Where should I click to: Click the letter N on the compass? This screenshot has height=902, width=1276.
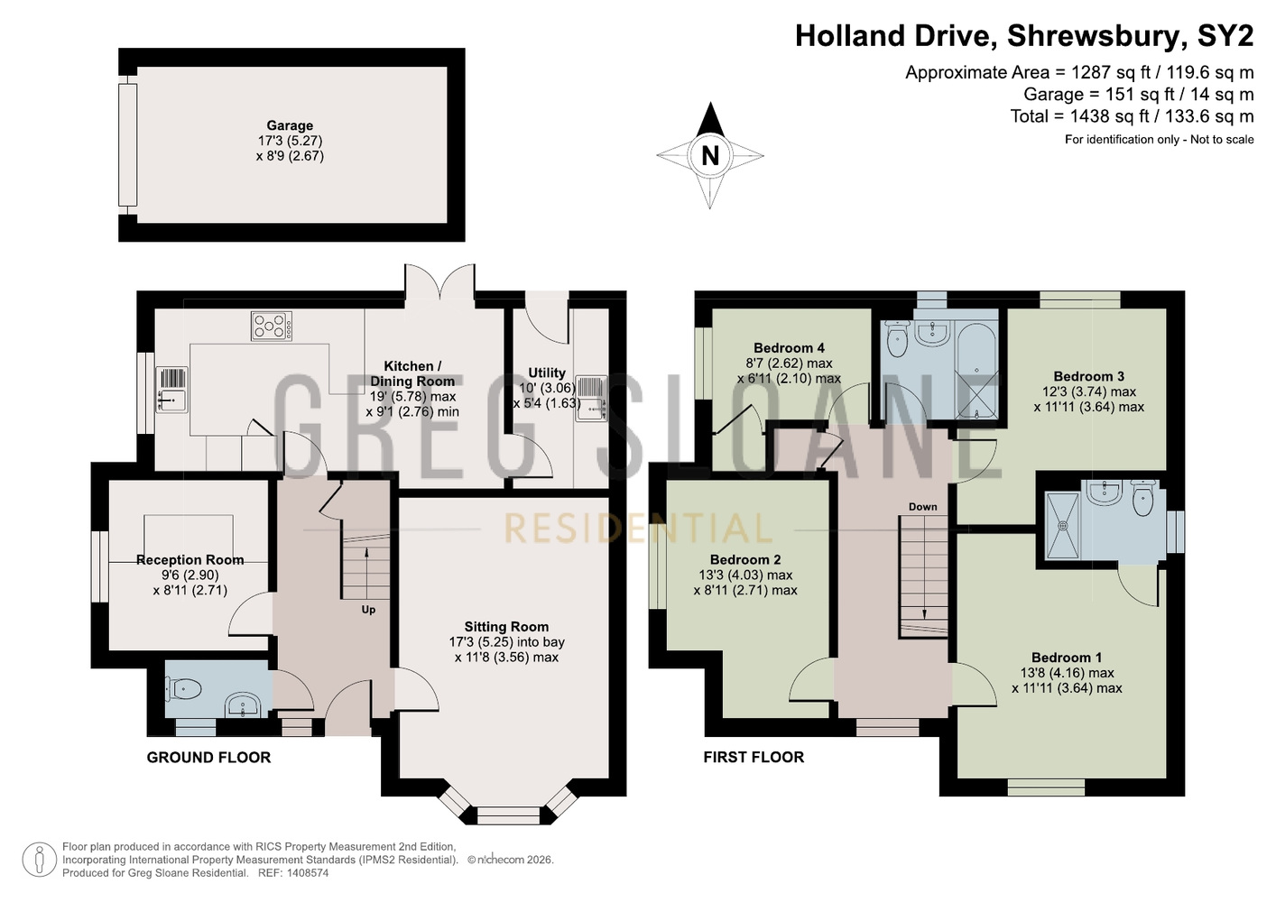click(x=710, y=155)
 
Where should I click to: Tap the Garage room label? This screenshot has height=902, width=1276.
click(x=290, y=125)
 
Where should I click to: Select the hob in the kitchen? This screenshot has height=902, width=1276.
click(x=272, y=327)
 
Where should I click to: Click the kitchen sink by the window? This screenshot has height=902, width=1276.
click(x=171, y=390)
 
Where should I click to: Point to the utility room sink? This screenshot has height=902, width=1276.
click(x=591, y=398)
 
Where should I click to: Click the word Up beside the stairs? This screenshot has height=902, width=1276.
click(x=368, y=610)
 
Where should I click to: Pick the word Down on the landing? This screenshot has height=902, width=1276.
click(x=923, y=507)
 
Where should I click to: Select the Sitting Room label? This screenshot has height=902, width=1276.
click(x=506, y=626)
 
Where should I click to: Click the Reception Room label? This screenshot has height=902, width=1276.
click(x=190, y=560)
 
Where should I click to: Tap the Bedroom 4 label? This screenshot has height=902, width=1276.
click(x=789, y=348)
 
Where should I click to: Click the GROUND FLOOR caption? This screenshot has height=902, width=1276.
click(x=209, y=758)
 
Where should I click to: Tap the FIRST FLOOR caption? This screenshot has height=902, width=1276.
click(x=754, y=757)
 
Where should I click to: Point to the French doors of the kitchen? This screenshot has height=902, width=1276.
click(x=439, y=281)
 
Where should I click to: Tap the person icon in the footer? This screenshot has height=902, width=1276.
click(x=40, y=860)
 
